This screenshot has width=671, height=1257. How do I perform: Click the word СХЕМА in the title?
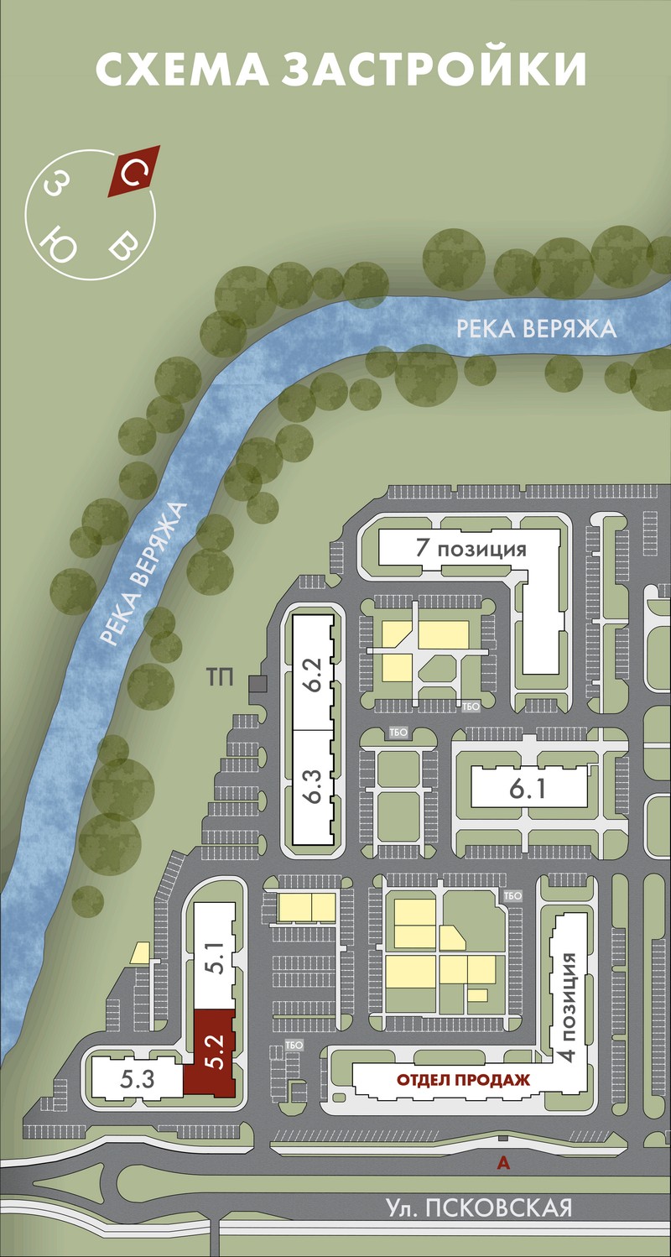point(182,69)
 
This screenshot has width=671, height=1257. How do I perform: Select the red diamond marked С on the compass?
point(134,171)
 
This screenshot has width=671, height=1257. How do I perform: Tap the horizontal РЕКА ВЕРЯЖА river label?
point(536,328)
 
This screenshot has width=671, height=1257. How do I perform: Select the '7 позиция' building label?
point(471,547)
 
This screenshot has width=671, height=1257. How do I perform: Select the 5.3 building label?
point(137,1078)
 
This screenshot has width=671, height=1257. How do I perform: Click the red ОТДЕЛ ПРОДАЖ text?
point(464,1078)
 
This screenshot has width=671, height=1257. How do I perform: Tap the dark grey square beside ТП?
point(257,684)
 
